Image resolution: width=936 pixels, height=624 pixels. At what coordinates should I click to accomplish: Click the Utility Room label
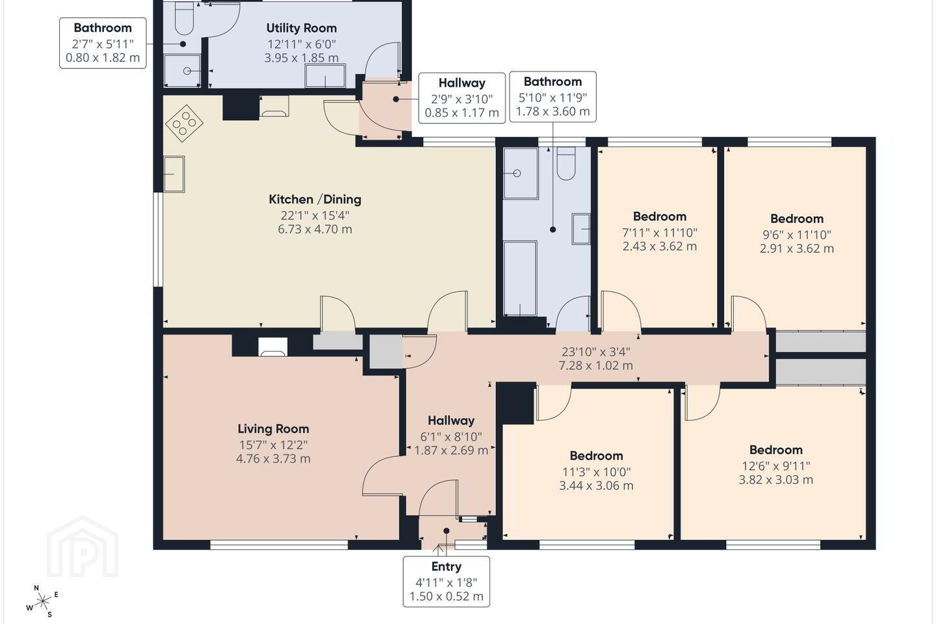click(x=302, y=29)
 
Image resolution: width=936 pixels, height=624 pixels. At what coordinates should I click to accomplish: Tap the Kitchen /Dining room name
click(x=315, y=200)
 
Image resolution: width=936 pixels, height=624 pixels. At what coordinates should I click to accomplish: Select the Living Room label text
click(x=273, y=429)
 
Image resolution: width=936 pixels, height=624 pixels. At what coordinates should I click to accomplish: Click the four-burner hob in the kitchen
click(x=185, y=123)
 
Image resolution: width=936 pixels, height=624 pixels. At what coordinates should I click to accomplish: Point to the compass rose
click(x=42, y=601)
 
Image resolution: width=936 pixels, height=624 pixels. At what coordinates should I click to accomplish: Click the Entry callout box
click(x=447, y=581)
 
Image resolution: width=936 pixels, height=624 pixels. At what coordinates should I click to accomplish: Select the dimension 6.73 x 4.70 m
click(x=315, y=229)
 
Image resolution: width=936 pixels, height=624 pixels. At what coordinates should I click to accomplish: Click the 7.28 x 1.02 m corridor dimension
click(x=596, y=366)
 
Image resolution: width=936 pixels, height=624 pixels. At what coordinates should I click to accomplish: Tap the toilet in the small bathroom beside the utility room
click(x=183, y=18)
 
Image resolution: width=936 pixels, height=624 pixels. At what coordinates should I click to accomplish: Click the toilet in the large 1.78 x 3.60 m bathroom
click(x=566, y=163)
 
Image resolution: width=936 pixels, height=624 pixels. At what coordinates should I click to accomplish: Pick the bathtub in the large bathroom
click(x=520, y=278)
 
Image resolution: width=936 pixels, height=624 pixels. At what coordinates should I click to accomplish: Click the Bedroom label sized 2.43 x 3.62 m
click(x=659, y=216)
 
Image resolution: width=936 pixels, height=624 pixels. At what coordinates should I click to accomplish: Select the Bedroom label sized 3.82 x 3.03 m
click(x=776, y=450)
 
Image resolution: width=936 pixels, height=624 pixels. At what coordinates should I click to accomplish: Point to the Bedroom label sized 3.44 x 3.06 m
click(x=596, y=456)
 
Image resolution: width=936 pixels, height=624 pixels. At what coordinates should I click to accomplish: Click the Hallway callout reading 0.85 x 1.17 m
click(x=461, y=98)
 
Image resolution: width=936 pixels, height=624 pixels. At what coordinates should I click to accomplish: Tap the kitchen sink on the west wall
click(x=174, y=174)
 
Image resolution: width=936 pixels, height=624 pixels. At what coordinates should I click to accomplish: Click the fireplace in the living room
click(x=272, y=347)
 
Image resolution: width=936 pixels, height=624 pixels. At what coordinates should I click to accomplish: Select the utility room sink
click(x=326, y=75)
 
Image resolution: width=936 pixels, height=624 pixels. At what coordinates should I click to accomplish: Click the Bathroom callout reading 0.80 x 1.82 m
click(x=103, y=43)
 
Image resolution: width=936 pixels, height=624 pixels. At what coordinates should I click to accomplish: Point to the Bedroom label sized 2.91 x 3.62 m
click(x=797, y=218)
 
